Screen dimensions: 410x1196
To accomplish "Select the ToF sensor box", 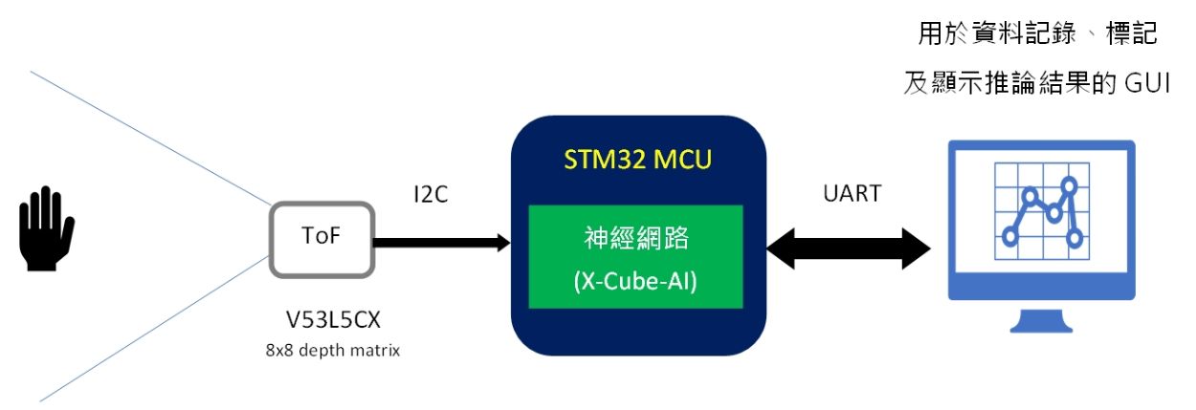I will (321, 238).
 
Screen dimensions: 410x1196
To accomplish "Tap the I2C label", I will (425, 195).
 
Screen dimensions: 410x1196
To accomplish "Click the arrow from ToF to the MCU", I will (440, 243).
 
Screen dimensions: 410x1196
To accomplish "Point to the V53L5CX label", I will (321, 320).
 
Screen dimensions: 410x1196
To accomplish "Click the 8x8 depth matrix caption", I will (322, 350).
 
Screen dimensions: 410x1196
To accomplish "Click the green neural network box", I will (636, 255).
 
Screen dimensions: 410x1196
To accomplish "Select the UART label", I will (851, 193).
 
